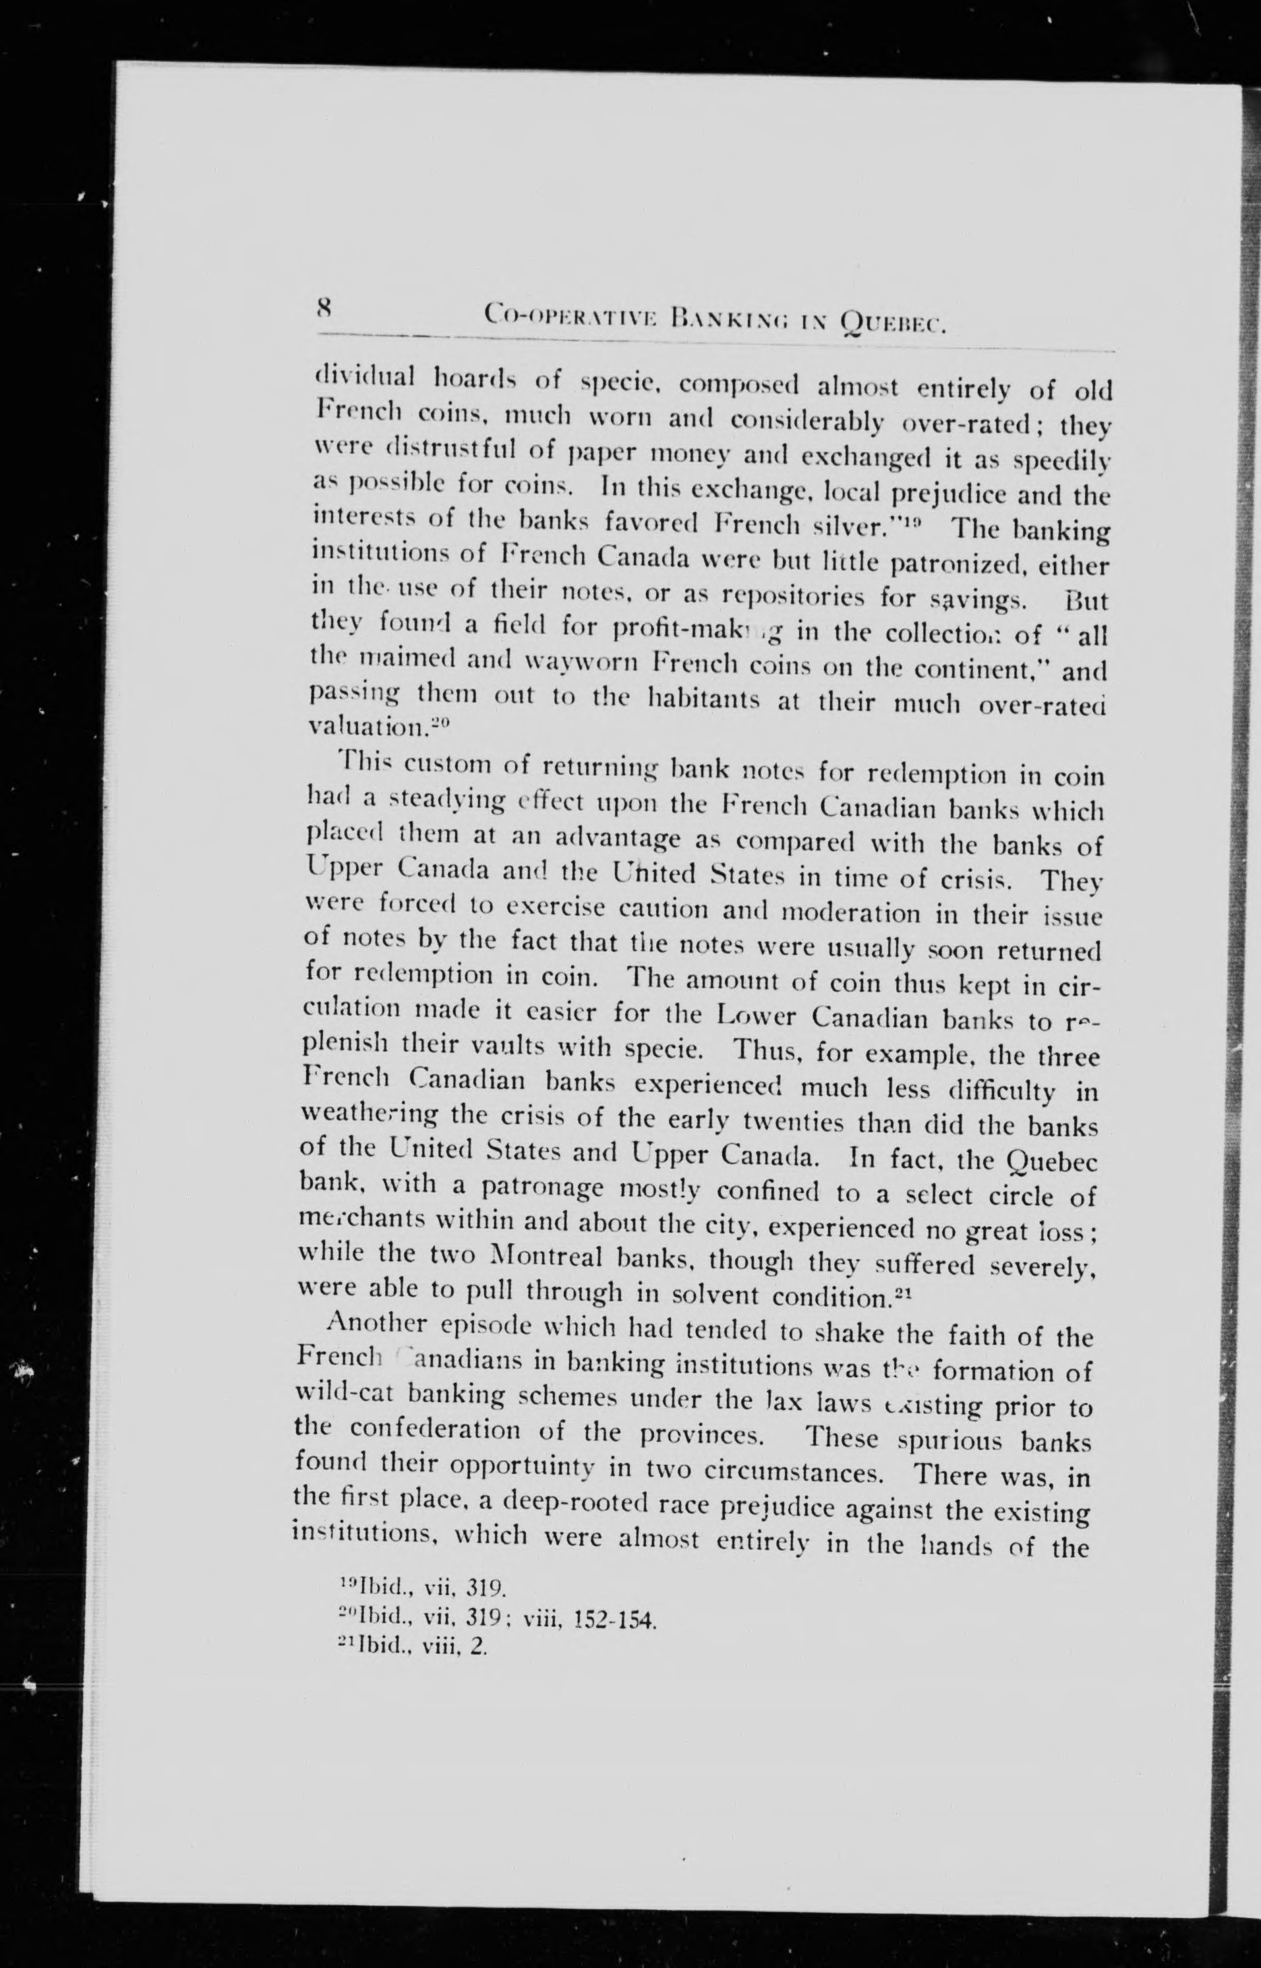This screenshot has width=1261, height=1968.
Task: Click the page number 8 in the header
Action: tap(322, 311)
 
